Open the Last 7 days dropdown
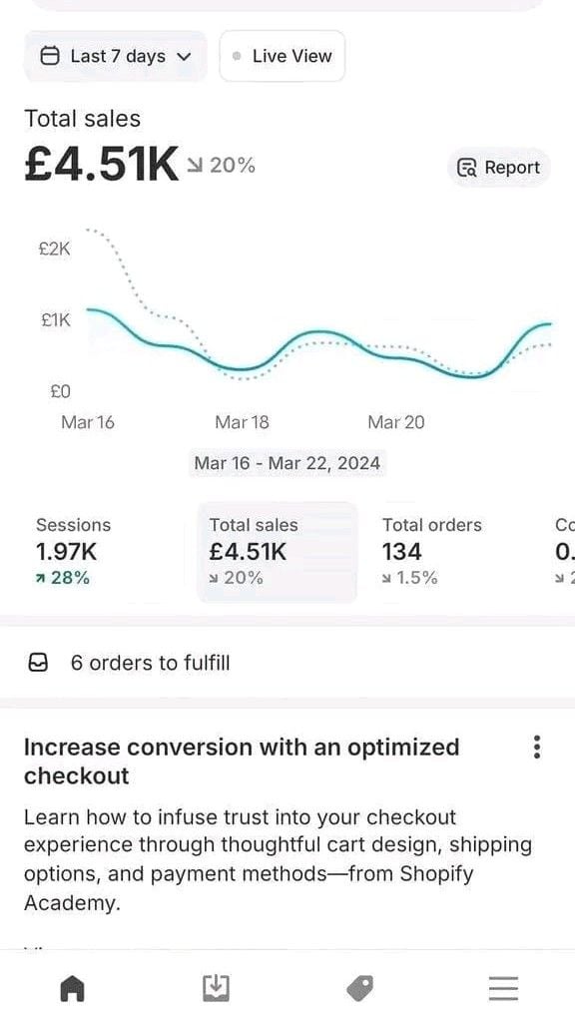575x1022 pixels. (115, 56)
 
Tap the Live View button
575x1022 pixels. (283, 56)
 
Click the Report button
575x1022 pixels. (499, 168)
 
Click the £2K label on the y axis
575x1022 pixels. (54, 249)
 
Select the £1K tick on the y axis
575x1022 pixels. (55, 320)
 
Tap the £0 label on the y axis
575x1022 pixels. (60, 391)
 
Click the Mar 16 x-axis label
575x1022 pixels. (88, 422)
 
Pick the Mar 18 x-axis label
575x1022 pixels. (242, 422)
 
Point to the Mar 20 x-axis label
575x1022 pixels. (395, 422)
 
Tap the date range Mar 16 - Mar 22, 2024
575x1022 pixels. (287, 463)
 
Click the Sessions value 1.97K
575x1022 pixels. (67, 551)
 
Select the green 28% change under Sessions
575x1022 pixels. (63, 577)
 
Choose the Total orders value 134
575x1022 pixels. (401, 551)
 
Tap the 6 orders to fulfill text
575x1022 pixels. (150, 663)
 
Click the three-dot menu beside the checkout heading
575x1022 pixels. (537, 748)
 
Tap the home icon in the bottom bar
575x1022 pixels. (72, 988)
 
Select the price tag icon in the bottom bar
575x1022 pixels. (359, 988)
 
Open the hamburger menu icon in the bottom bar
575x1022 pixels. (503, 988)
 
